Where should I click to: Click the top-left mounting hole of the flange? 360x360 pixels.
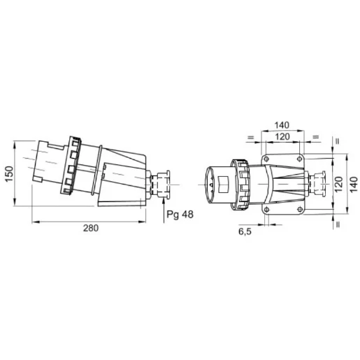tap(266, 159)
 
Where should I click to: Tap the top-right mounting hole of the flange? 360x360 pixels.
tap(300, 159)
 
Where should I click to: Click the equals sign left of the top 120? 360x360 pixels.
tap(250, 136)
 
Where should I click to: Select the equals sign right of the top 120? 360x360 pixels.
tap(316, 136)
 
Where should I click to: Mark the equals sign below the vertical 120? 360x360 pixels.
tap(338, 224)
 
